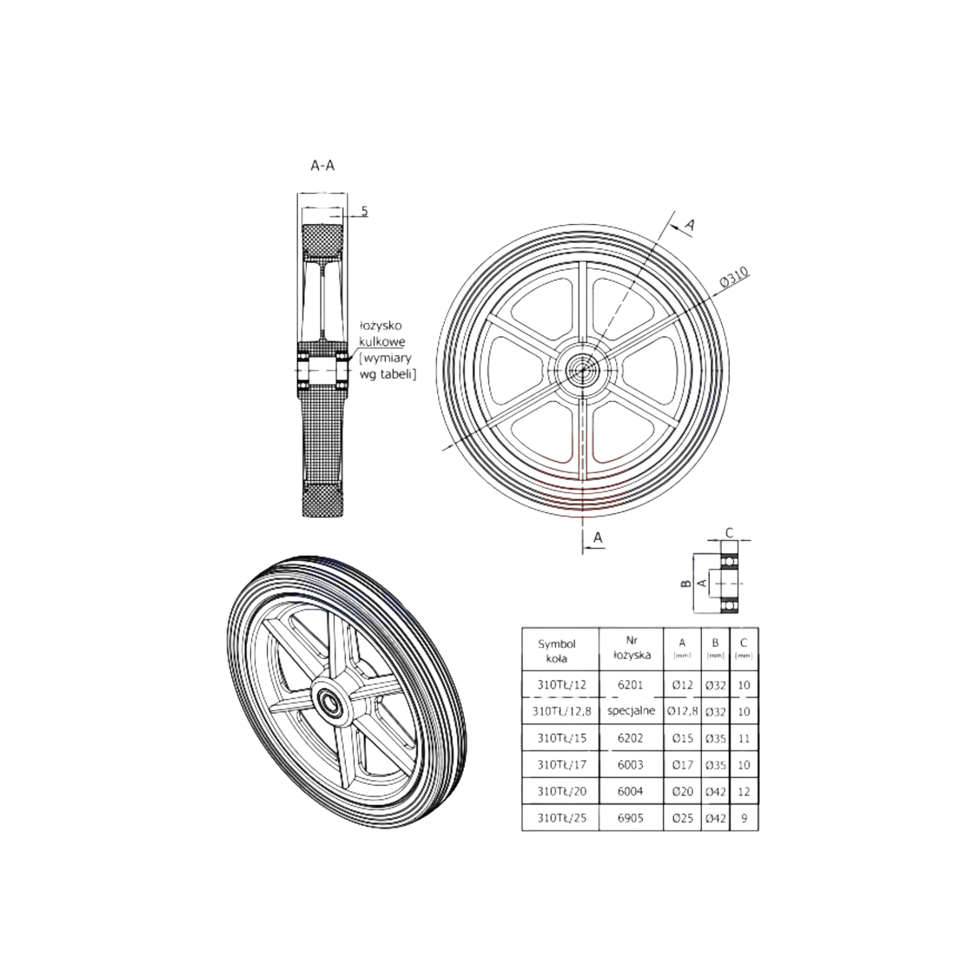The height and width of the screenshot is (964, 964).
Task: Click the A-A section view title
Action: (x=322, y=165)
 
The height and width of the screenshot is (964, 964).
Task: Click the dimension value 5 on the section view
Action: (x=364, y=211)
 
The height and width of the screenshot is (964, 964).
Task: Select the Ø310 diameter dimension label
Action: (x=734, y=278)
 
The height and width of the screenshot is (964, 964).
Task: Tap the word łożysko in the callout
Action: (x=380, y=326)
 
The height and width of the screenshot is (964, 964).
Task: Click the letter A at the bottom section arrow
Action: (x=598, y=537)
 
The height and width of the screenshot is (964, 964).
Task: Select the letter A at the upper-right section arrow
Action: (x=690, y=225)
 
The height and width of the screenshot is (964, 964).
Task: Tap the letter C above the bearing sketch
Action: (x=729, y=532)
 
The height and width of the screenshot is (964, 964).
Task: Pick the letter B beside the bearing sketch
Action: (x=685, y=584)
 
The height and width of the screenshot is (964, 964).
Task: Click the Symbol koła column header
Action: (x=556, y=650)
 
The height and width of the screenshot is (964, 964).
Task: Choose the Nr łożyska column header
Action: (x=630, y=648)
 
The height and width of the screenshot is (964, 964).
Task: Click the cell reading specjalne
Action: (x=631, y=711)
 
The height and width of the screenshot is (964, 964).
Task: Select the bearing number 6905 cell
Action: (x=630, y=818)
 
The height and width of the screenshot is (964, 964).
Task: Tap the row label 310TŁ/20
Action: (x=562, y=791)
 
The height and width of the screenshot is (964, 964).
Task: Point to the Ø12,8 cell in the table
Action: (x=682, y=711)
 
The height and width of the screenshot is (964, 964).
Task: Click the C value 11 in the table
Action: (x=744, y=739)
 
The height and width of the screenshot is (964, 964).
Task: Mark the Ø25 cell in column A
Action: (x=682, y=818)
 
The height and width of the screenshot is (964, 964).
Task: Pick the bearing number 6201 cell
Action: (x=630, y=684)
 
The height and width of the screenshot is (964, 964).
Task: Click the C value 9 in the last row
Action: (x=744, y=818)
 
